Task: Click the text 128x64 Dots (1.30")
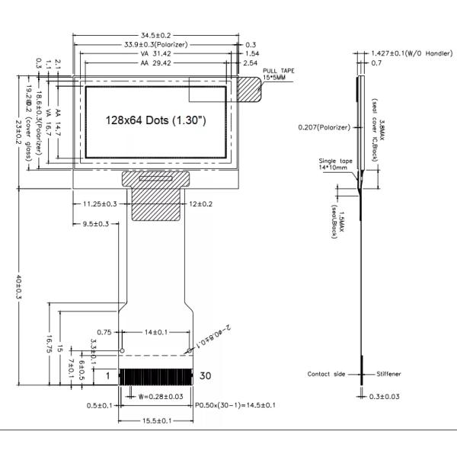point(155,121)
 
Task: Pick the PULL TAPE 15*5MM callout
point(277,75)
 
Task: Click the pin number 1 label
point(108,376)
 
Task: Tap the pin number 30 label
point(206,376)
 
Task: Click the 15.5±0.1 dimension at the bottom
point(155,420)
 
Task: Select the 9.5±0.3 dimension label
point(96,223)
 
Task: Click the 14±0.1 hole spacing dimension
point(155,332)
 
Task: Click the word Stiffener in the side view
point(388,374)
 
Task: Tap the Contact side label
point(326,374)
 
